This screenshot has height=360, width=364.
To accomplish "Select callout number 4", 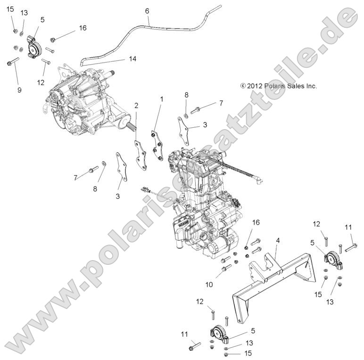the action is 278,241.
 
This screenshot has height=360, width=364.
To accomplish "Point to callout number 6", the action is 147,10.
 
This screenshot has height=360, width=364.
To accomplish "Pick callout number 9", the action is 19,90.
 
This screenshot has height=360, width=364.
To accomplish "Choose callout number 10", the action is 209,285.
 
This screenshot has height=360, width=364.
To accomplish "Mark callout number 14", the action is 132,59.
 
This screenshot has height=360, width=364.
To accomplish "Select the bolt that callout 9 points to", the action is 13,61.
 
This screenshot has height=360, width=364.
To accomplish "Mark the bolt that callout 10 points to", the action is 226,268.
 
